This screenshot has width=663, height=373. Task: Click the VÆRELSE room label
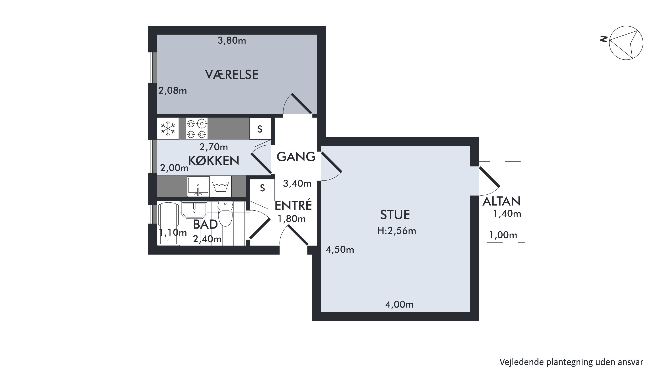tap(232, 75)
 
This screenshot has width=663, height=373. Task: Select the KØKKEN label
tap(214, 161)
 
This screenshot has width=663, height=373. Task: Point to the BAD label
tap(205, 224)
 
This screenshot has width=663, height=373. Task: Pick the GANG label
tap(296, 157)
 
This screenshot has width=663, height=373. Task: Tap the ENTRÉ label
tap(293, 205)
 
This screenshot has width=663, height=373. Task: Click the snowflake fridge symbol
tap(168, 128)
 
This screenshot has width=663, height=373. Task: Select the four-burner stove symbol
tap(197, 128)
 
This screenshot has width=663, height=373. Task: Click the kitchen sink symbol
tap(198, 186)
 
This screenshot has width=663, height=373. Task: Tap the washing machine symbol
tap(221, 186)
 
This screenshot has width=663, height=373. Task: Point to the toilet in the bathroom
tap(225, 213)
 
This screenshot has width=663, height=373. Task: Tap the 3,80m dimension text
tap(232, 40)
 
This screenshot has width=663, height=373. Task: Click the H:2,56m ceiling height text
tap(396, 231)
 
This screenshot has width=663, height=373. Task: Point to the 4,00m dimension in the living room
tap(399, 305)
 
